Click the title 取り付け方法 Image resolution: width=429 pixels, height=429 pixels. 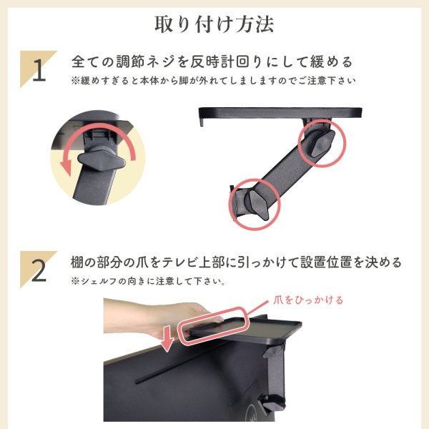[214, 24]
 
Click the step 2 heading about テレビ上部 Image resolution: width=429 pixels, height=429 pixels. [236, 262]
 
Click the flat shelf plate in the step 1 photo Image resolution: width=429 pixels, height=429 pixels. [279, 112]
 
